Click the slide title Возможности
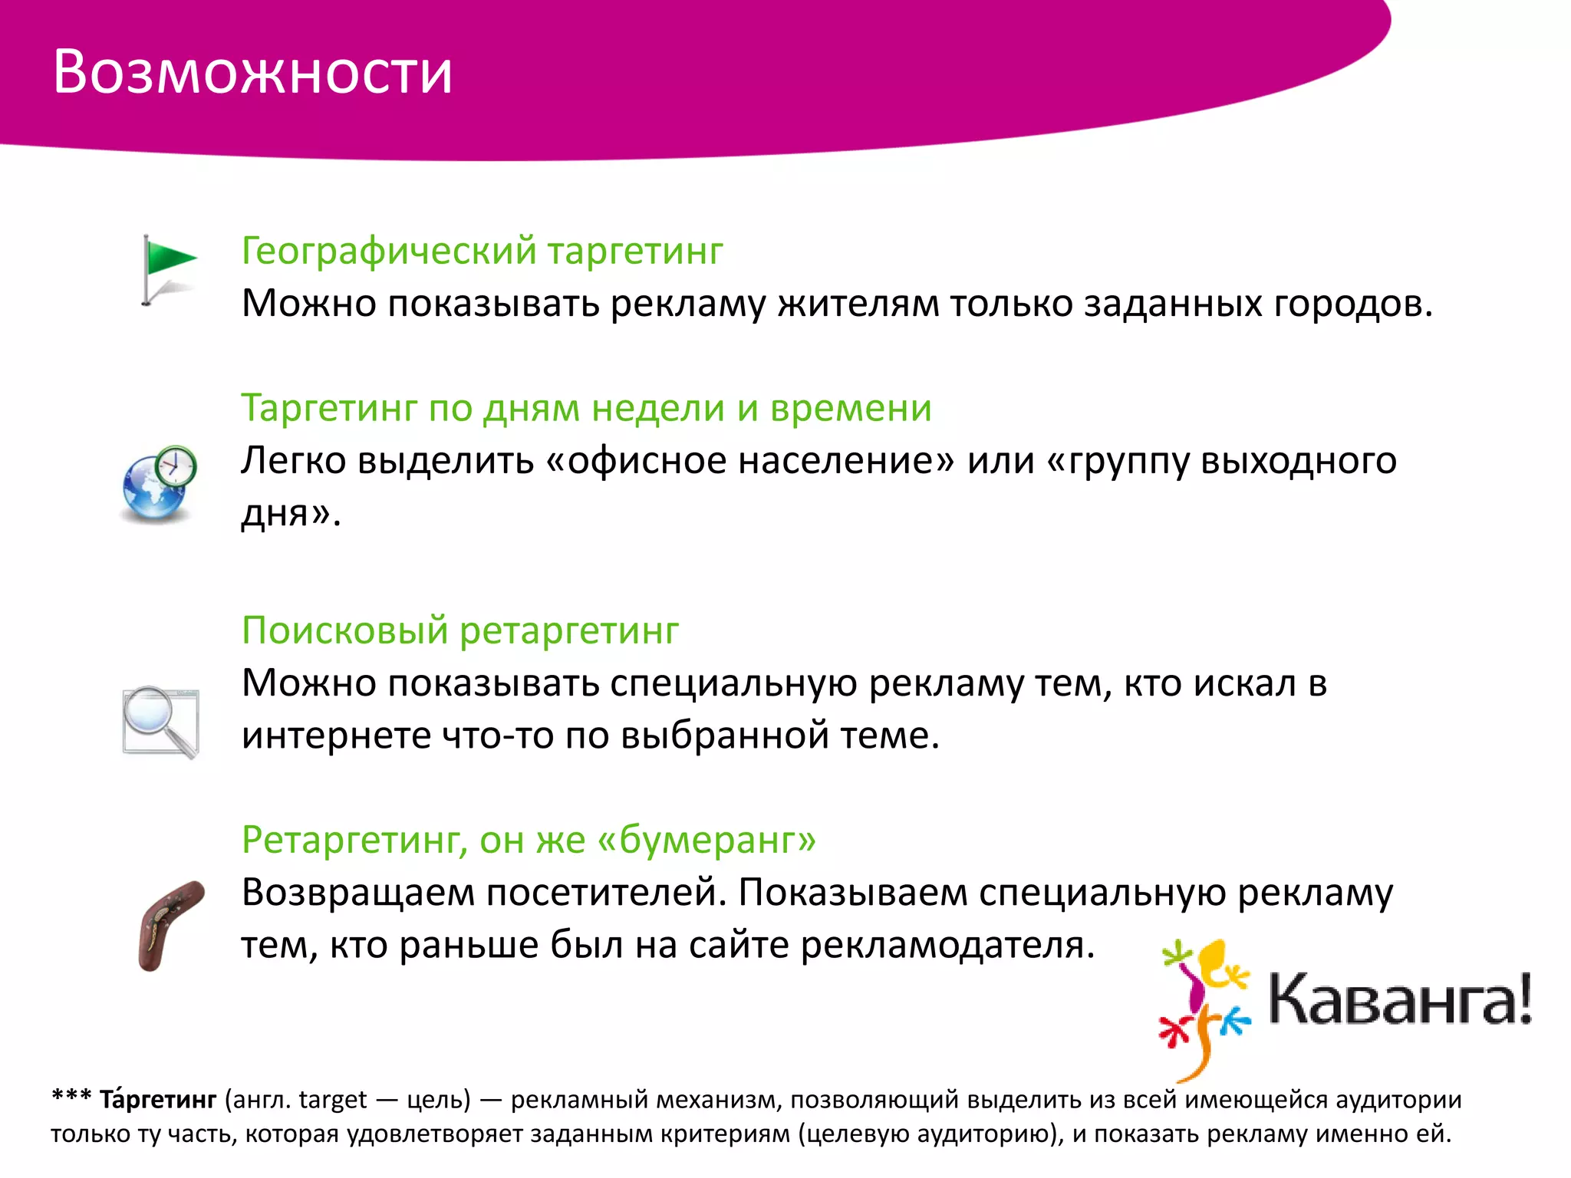tap(252, 73)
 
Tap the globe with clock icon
tap(160, 483)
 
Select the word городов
tap(1353, 304)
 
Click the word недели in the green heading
tap(658, 408)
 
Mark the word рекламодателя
tap(947, 945)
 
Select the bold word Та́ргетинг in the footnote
tap(158, 1099)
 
